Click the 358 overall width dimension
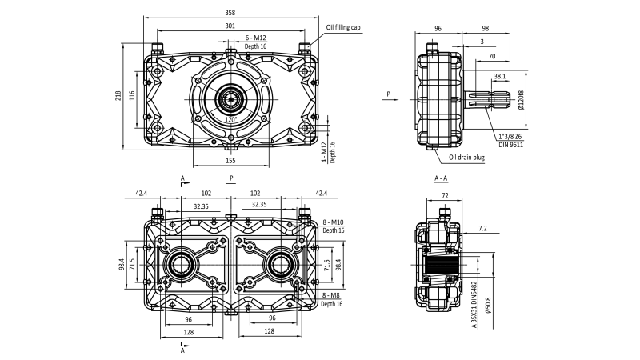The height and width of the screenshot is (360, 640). pos(230,14)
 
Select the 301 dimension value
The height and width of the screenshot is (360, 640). pos(230,26)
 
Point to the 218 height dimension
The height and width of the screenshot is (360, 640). pos(118,95)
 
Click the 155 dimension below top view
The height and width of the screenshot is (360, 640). pos(230,160)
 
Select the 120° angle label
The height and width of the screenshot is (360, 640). pos(230,119)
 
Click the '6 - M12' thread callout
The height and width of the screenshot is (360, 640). pos(257,38)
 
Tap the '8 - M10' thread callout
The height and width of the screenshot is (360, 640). pos(333,222)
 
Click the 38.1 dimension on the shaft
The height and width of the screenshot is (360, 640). pos(499,77)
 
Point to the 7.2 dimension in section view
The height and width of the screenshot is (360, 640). pos(483,228)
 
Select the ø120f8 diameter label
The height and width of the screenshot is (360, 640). pos(521,100)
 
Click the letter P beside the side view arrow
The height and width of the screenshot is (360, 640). pos(388,94)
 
